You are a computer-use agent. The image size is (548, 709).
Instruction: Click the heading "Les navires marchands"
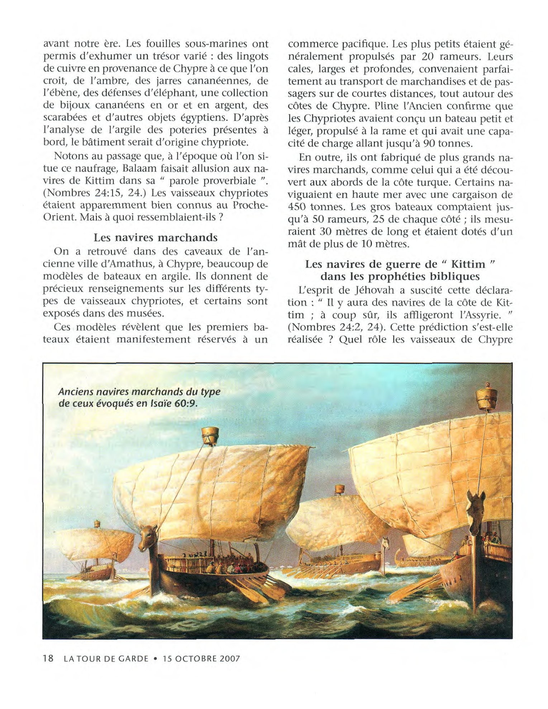tap(156, 238)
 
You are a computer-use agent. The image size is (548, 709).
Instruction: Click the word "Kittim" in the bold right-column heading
tap(468, 264)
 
